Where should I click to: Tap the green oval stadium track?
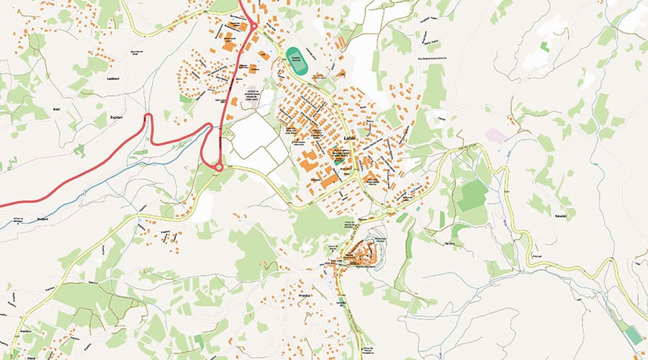point(295,61)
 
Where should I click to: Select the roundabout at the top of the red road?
point(253,27)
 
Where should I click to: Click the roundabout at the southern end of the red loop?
point(219,167)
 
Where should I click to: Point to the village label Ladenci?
point(112,78)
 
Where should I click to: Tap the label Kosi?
point(57,109)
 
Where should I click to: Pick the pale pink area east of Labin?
point(497,135)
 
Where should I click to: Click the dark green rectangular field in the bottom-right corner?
point(632,335)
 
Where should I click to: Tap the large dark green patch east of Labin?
point(472,195)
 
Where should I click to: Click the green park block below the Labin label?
point(337,159)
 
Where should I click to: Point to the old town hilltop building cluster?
point(362,253)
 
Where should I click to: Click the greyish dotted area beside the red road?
point(250,97)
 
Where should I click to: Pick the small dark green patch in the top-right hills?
point(544,46)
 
